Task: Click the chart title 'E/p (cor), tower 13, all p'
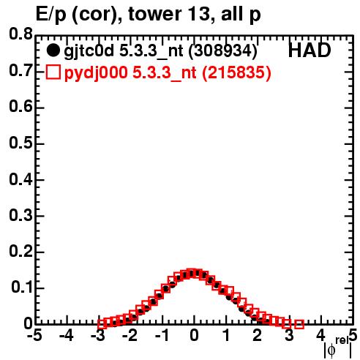149,14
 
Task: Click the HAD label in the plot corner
310,50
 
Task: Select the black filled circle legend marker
53,50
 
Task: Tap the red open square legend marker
53,72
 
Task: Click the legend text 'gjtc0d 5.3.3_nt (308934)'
160,51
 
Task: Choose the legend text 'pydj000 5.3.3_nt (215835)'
168,73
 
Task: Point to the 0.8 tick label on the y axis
20,34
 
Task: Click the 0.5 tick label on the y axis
20,143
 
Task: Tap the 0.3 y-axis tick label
20,215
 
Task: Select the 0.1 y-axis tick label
21,288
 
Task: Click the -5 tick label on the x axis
34,336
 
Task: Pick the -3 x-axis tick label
98,336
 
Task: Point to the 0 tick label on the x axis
194,336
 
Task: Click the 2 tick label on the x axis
258,336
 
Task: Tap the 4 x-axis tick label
320,336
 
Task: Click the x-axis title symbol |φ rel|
337,348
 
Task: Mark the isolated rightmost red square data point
299,324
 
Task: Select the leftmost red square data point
102,324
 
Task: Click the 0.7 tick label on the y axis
20,71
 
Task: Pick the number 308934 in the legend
223,51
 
